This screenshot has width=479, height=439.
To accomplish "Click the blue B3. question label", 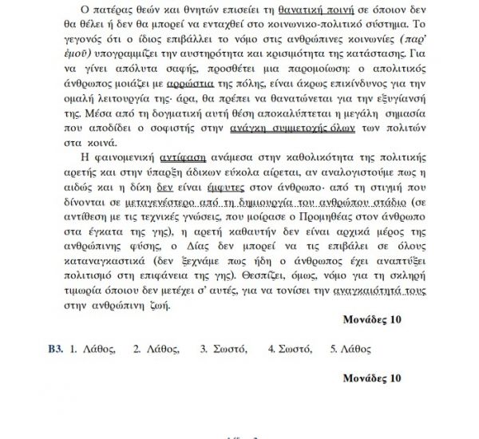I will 55,349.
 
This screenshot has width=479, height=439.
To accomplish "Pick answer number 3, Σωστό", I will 224,349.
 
